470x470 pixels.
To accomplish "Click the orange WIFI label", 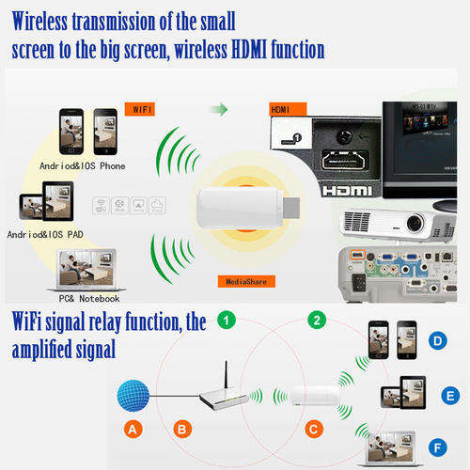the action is pos(140,109).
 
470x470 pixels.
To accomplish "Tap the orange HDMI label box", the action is pos(288,109).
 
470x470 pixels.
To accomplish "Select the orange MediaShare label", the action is pos(246,281).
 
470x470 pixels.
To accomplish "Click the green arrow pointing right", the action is pos(219,109).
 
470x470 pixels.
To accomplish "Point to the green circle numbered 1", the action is pos(227,320).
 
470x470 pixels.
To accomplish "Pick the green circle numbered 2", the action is pos(317,320).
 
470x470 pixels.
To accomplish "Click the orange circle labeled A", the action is pos(133,429).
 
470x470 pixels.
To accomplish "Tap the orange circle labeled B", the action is pos(182,429).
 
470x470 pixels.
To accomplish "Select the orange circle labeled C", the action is pos(314,429).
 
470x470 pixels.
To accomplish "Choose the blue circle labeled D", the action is pos(438,340).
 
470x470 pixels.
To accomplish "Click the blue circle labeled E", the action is pos(450,396).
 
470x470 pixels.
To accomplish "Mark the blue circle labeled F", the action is pos(438,447).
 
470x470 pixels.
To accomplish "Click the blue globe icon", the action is pos(133,396).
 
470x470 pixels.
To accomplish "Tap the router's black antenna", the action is pos(227,376).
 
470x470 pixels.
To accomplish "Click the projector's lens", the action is pos(415,223).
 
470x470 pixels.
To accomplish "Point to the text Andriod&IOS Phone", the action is pos(83,166).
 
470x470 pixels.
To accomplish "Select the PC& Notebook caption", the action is pos(89,299).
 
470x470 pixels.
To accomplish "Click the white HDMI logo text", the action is pos(347,191).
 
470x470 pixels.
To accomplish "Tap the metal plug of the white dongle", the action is pos(291,208).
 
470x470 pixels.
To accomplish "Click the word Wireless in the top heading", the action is pos(39,22).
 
